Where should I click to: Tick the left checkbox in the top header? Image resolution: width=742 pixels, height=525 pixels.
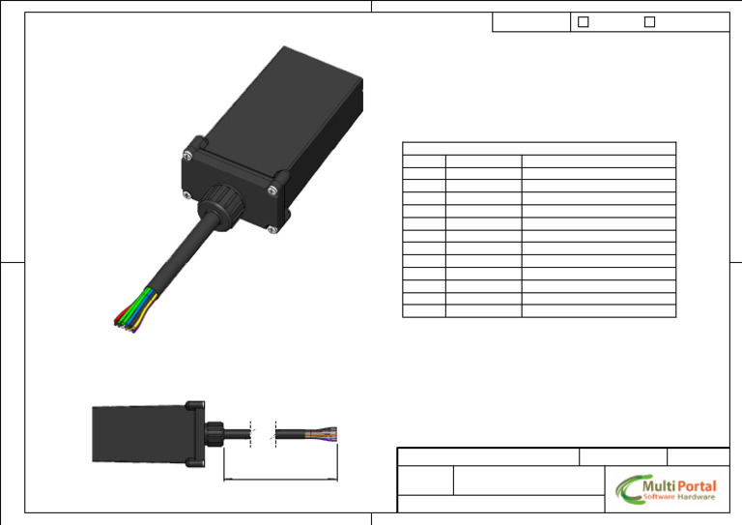click(x=583, y=22)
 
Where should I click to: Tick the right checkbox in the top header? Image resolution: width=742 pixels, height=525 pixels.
click(x=649, y=22)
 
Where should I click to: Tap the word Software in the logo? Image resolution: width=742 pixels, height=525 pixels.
click(x=659, y=497)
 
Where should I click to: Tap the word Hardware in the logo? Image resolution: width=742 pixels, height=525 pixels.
click(x=697, y=497)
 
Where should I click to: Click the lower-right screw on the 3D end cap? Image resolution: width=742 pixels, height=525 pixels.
click(x=273, y=228)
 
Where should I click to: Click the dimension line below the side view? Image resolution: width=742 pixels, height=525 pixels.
click(x=280, y=479)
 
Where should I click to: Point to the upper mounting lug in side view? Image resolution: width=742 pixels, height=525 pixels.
click(x=193, y=406)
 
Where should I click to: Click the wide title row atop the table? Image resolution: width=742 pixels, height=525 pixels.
click(x=538, y=148)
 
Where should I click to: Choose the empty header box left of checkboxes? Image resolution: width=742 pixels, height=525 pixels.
click(x=530, y=22)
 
